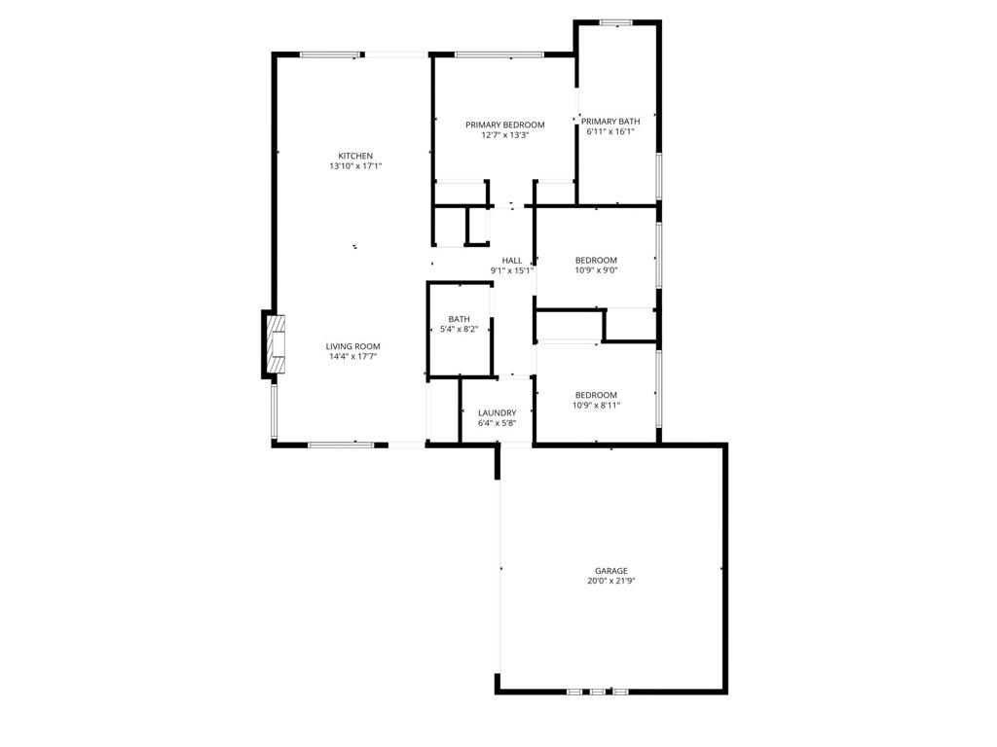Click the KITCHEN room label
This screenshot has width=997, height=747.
tap(355, 156)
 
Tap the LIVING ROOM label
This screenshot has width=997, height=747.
tap(352, 346)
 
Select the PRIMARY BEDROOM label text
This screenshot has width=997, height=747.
tap(504, 124)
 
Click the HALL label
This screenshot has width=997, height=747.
tap(512, 260)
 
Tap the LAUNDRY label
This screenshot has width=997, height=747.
tap(497, 412)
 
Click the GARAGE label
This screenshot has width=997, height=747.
tap(611, 571)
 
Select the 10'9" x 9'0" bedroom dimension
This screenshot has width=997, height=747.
tap(596, 271)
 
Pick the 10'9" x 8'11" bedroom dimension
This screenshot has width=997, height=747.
tap(596, 406)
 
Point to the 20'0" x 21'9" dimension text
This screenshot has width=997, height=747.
tap(611, 582)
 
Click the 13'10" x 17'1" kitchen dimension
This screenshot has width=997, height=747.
tap(355, 166)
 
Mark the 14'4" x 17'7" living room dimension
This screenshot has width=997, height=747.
tap(352, 357)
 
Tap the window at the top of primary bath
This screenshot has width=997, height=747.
tap(615, 22)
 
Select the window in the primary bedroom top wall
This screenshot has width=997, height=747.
tap(499, 54)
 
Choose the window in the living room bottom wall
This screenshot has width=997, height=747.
tap(341, 445)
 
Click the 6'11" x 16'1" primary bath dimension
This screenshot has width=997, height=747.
tap(611, 132)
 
